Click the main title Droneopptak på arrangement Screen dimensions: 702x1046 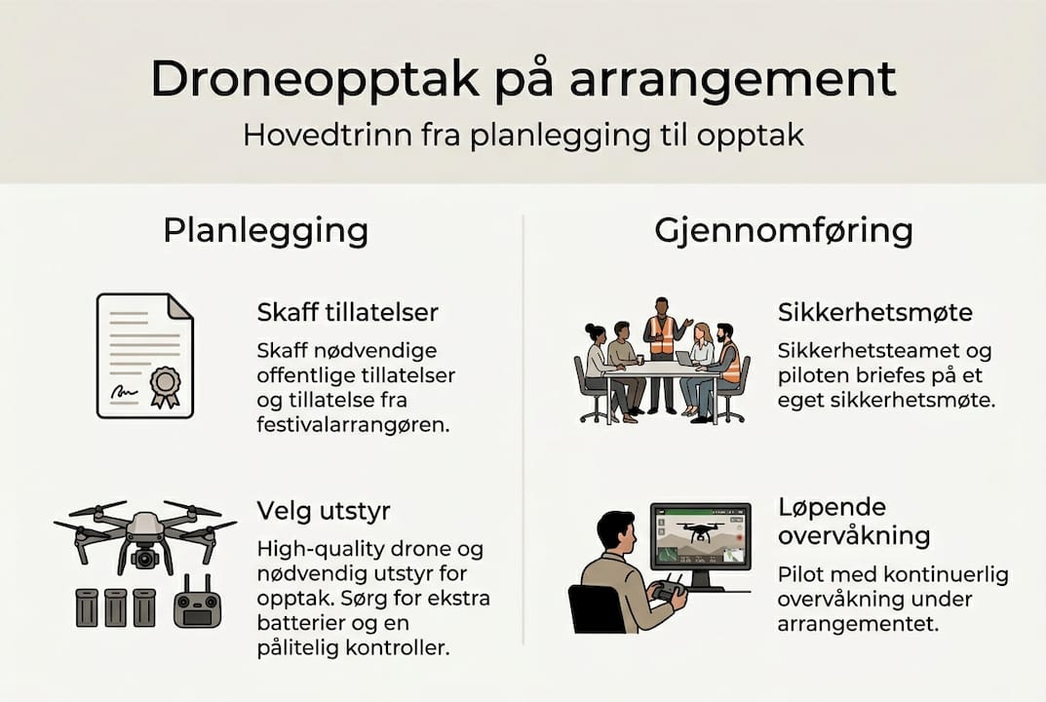coord(523,80)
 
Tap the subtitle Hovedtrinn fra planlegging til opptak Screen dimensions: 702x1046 coord(523,134)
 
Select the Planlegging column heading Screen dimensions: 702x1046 coord(265,231)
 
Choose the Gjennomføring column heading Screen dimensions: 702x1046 coord(783,231)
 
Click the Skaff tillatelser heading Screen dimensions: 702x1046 coord(347,312)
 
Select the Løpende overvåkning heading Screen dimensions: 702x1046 coord(853,522)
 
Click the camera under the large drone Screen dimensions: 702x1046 coord(144,559)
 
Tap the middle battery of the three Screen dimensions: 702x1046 coord(116,607)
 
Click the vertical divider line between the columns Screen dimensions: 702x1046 coord(523,429)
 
